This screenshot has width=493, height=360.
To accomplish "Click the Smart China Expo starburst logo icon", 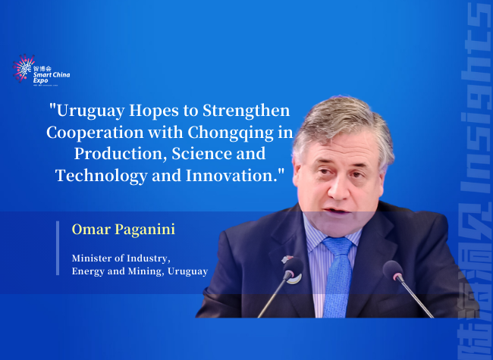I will click(x=24, y=68).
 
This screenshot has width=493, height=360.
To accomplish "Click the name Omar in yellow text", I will click(x=89, y=229).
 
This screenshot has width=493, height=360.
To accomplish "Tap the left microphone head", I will click(x=291, y=268).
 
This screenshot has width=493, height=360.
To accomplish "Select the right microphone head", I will click(x=392, y=270).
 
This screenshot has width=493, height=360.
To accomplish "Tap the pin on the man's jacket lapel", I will click(x=288, y=260).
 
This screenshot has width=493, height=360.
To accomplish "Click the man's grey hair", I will click(x=341, y=117).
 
